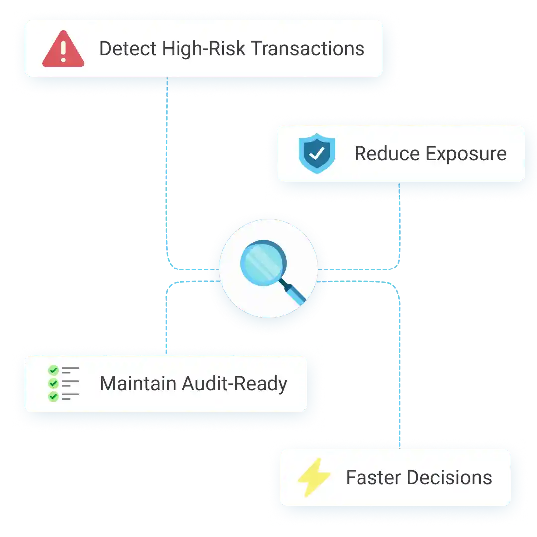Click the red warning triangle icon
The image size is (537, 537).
pyautogui.click(x=63, y=50)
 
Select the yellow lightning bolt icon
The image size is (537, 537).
pyautogui.click(x=314, y=478)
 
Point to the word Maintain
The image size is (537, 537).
pyautogui.click(x=137, y=384)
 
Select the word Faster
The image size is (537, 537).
pyautogui.click(x=371, y=478)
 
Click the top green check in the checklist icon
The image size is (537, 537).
pyautogui.click(x=53, y=370)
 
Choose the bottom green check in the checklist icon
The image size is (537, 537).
pyautogui.click(x=53, y=397)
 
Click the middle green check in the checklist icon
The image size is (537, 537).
pyautogui.click(x=53, y=383)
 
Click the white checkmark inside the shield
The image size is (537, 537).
pyautogui.click(x=316, y=153)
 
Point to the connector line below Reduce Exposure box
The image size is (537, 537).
pyautogui.click(x=400, y=224)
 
